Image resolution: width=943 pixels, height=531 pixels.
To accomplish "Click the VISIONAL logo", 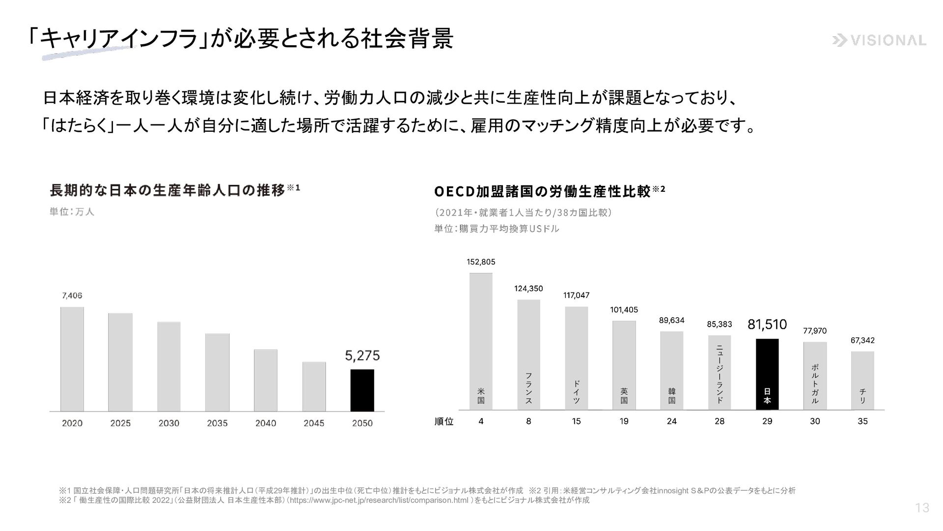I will (879, 41).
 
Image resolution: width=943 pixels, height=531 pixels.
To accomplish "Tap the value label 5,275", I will (362, 355).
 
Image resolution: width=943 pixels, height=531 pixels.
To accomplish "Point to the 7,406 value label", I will (72, 295).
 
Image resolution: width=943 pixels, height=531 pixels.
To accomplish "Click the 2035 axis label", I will (217, 423).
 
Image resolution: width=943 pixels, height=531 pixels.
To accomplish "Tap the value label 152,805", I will (481, 262).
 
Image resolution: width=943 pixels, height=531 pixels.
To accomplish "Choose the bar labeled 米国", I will (481, 341).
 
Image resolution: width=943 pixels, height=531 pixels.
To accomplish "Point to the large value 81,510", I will (767, 324).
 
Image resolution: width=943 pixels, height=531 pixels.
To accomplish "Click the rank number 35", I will (862, 421).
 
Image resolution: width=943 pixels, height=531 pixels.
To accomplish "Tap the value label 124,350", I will (528, 289).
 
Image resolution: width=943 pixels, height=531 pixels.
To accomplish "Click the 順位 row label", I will (444, 422).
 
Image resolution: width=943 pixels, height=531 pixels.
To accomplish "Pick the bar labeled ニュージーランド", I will (720, 372).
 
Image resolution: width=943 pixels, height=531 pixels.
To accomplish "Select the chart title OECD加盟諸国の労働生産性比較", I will (543, 191).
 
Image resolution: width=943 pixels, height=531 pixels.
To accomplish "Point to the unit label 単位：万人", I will (72, 212).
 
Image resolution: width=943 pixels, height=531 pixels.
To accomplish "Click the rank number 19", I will (624, 421).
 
